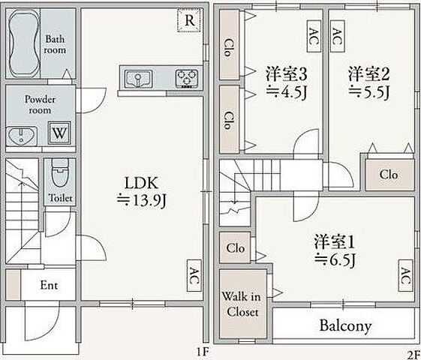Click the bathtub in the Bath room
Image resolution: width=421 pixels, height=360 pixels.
pyautogui.click(x=26, y=44)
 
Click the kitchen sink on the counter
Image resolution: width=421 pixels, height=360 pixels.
pyautogui.click(x=139, y=78)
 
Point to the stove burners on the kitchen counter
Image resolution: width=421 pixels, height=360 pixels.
pyautogui.click(x=185, y=78)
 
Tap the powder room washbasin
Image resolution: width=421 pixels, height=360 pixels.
pyautogui.click(x=23, y=135)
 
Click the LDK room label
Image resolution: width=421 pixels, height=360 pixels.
pyautogui.click(x=141, y=181)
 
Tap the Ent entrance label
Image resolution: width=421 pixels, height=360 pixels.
pyautogui.click(x=48, y=286)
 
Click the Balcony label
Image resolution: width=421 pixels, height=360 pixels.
pyautogui.click(x=346, y=326)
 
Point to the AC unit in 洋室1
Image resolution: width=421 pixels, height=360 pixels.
pyautogui.click(x=405, y=276)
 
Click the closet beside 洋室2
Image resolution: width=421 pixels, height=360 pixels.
pyautogui.click(x=388, y=175)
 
